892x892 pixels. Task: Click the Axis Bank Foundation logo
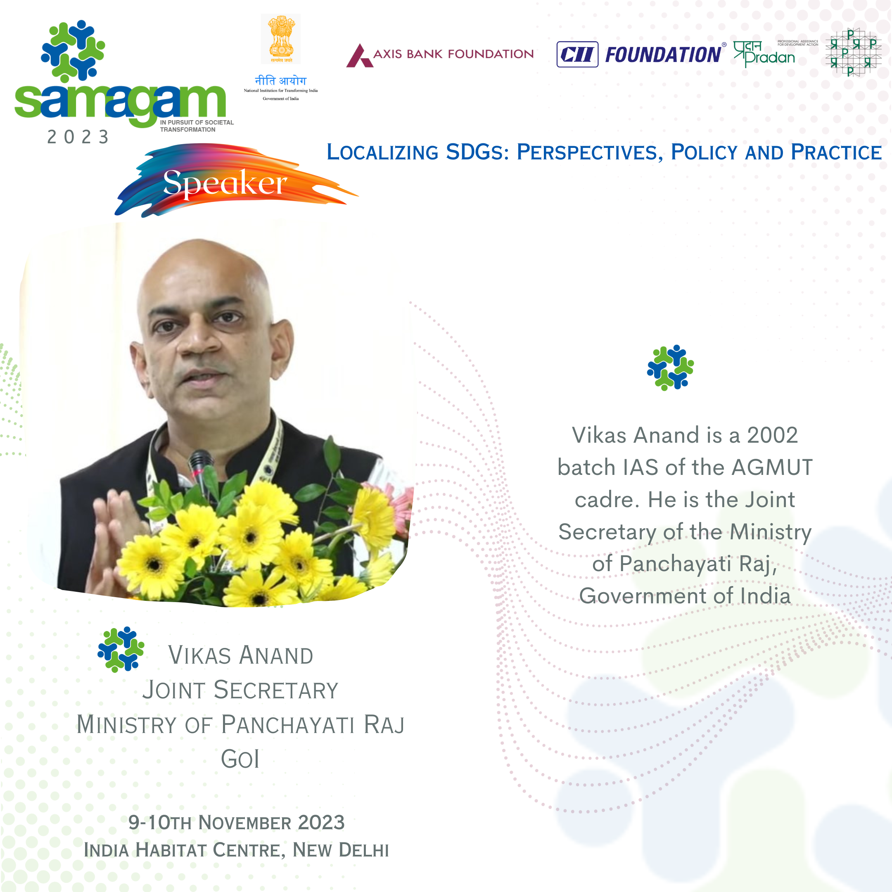pos(440,55)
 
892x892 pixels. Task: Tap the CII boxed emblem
pos(577,55)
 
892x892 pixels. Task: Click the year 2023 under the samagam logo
pos(78,137)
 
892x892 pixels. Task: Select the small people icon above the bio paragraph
pos(670,368)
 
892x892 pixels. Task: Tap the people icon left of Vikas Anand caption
pos(121,649)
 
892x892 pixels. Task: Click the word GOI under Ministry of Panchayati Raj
pos(240,759)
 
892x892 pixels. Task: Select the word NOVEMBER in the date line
pos(245,823)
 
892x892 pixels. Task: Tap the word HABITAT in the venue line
pos(171,850)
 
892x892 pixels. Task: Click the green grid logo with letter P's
pos(853,52)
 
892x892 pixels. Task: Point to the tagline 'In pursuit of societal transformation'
pos(197,126)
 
